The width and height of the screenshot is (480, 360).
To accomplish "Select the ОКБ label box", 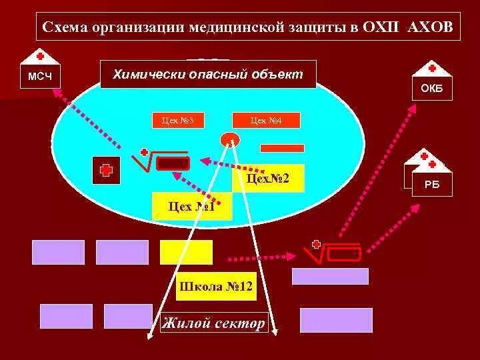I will coord(432,89).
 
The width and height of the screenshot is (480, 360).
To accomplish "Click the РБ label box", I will coord(432,185).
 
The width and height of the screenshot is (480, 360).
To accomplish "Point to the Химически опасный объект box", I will coord(208,74).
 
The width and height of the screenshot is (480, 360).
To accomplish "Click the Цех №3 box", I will coord(178,121).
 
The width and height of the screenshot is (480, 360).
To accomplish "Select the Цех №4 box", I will coord(266,121).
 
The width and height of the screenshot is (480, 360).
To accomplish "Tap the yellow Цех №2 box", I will coord(268,179).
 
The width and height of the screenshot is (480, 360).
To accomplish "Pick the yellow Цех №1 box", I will coord(191,207).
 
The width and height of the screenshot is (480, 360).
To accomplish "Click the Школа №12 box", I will coord(215,287).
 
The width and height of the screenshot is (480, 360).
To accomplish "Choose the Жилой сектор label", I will coord(213,324).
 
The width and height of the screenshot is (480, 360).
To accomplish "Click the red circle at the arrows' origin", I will coord(230,139).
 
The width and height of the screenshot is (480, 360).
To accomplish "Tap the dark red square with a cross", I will coord(106,170).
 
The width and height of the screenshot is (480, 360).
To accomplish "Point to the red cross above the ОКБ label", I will coord(432,67).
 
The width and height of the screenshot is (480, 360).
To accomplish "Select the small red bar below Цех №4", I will coord(282,148).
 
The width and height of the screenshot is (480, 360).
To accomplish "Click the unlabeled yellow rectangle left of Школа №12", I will coord(186,252).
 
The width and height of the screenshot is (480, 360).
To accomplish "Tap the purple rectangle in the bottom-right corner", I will coord(335,320).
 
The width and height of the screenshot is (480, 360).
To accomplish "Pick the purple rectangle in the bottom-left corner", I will coord(66,316).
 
